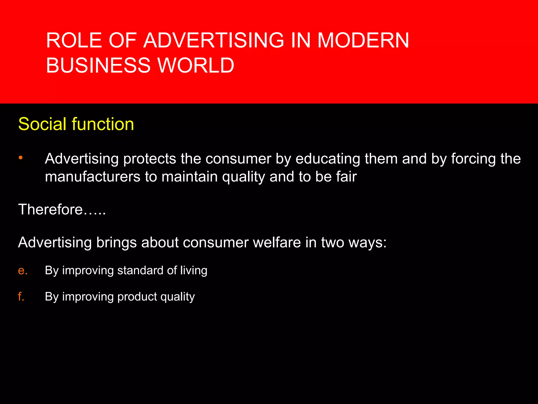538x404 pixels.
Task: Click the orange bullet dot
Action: coord(21,158)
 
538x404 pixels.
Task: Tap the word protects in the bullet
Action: coord(150,159)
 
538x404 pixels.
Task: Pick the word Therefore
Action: coord(50,210)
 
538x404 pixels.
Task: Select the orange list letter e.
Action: coord(22,271)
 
